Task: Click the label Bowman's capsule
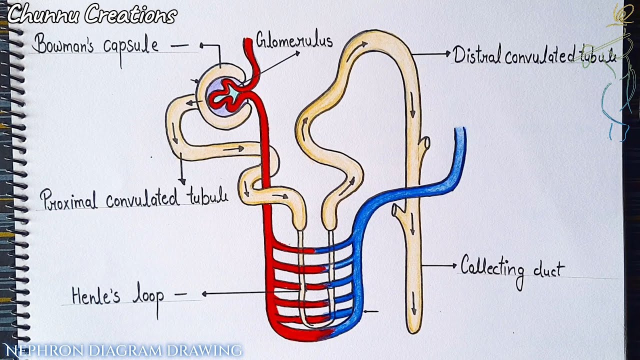click(95, 45)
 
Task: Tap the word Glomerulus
click(294, 40)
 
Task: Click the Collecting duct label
click(512, 268)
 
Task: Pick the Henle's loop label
click(118, 296)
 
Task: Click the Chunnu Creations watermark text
click(91, 15)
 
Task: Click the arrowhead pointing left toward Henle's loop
click(205, 294)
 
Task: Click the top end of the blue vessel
click(460, 131)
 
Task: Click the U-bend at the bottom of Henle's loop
click(315, 325)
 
